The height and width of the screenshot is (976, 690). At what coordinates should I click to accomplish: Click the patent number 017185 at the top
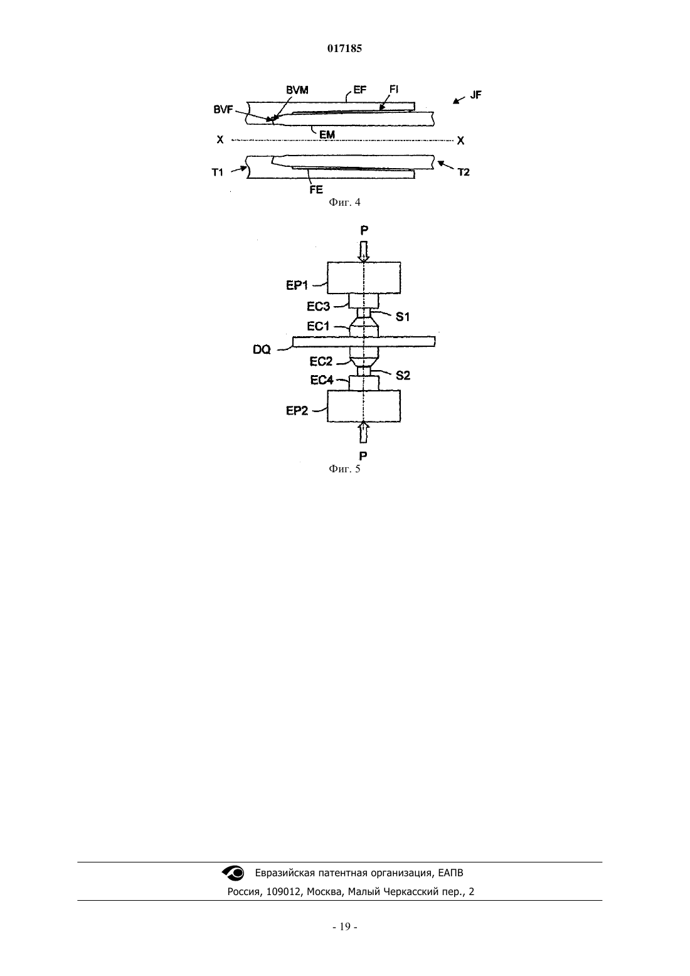click(x=344, y=48)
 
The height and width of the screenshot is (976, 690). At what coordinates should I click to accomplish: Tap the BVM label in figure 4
click(x=297, y=90)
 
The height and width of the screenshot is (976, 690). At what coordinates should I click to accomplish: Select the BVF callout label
click(x=223, y=110)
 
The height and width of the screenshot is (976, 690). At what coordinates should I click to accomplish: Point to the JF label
click(x=475, y=95)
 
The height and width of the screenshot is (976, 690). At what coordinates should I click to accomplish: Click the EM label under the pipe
click(x=327, y=135)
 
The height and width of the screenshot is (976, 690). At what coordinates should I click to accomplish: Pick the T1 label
click(x=218, y=172)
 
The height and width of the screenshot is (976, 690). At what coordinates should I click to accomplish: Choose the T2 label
click(x=464, y=172)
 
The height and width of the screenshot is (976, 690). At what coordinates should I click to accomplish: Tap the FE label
click(x=316, y=189)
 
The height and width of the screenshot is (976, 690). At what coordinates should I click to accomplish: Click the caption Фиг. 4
click(x=344, y=202)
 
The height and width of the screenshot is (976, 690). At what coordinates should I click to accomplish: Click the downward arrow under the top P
click(x=364, y=252)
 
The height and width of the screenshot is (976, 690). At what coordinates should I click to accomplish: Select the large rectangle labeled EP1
click(x=364, y=278)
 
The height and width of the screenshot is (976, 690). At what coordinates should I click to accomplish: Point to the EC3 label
click(x=319, y=306)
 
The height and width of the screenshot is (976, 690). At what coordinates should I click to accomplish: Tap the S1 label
click(x=403, y=317)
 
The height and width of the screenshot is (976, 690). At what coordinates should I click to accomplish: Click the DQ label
click(x=262, y=349)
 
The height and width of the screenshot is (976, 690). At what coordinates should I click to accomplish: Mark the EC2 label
click(x=321, y=361)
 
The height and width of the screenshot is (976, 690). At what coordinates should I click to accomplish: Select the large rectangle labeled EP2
click(x=364, y=406)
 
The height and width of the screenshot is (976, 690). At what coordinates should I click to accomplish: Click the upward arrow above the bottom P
click(x=364, y=432)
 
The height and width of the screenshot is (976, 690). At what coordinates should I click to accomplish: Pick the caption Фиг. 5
click(x=344, y=469)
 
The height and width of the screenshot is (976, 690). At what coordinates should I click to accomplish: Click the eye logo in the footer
click(x=233, y=873)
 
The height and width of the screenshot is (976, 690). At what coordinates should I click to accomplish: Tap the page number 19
click(x=345, y=926)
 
